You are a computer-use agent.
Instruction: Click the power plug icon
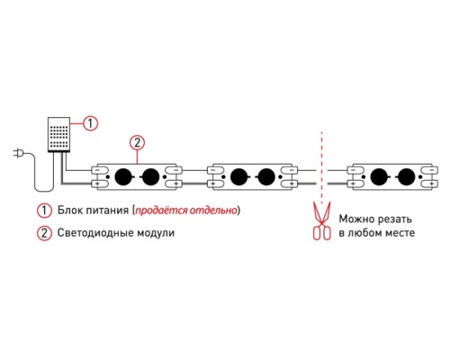pyautogui.click(x=17, y=154)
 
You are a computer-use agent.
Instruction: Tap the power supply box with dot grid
pyautogui.click(x=58, y=134)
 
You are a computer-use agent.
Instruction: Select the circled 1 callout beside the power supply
pyautogui.click(x=90, y=123)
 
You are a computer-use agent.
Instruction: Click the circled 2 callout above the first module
pyautogui.click(x=137, y=143)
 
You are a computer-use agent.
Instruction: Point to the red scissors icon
pyautogui.click(x=321, y=220)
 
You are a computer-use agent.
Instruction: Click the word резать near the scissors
pyautogui.click(x=394, y=220)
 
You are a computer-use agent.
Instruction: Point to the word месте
pyautogui.click(x=400, y=233)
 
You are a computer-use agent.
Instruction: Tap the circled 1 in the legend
pyautogui.click(x=44, y=211)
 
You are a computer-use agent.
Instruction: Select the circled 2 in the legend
pyautogui.click(x=44, y=233)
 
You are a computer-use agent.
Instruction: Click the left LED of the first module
pyautogui.click(x=123, y=176)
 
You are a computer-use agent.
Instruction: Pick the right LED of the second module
pyautogui.click(x=266, y=176)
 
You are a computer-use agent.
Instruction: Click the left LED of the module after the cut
pyautogui.click(x=379, y=176)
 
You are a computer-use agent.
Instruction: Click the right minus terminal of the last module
pyautogui.click(x=429, y=170)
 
